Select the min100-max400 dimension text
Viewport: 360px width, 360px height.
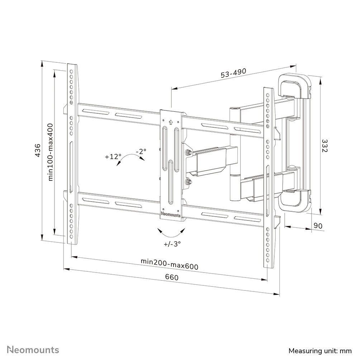click(51, 152)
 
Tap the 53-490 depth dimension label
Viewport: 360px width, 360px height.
click(233, 73)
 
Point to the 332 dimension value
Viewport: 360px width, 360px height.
click(325, 146)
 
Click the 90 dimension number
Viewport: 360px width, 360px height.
click(318, 226)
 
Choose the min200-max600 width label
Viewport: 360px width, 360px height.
click(170, 264)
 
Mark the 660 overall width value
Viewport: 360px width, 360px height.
click(172, 277)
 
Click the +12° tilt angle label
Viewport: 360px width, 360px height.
click(113, 157)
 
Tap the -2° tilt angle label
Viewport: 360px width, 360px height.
click(141, 151)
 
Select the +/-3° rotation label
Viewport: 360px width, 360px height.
click(172, 243)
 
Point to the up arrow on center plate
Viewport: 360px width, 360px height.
click(170, 122)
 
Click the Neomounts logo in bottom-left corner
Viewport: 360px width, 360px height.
click(33, 350)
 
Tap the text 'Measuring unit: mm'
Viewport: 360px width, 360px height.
click(320, 351)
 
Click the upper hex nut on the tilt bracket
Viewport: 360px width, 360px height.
click(188, 152)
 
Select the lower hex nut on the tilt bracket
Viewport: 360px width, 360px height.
click(189, 182)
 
